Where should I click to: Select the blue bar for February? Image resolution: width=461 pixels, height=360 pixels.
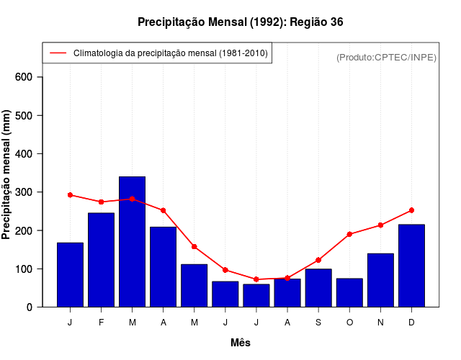tap(102, 259)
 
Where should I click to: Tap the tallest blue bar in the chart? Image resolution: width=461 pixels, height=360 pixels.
tap(133, 241)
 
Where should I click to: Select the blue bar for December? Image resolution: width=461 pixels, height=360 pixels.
tap(411, 266)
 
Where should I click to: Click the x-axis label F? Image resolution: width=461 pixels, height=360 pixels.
tap(102, 323)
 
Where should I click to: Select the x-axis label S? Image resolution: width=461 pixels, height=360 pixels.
tap(318, 323)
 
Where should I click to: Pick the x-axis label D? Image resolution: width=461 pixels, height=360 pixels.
tap(411, 323)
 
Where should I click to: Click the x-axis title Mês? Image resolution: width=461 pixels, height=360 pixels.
tap(241, 343)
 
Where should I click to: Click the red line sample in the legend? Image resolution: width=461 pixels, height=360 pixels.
tap(58, 53)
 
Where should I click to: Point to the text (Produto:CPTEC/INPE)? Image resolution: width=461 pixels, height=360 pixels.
tap(386, 57)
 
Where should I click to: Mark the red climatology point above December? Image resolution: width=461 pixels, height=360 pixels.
tap(411, 210)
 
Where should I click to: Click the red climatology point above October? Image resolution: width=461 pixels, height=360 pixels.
tap(349, 234)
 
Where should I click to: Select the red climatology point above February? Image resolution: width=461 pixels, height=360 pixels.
tap(102, 202)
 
